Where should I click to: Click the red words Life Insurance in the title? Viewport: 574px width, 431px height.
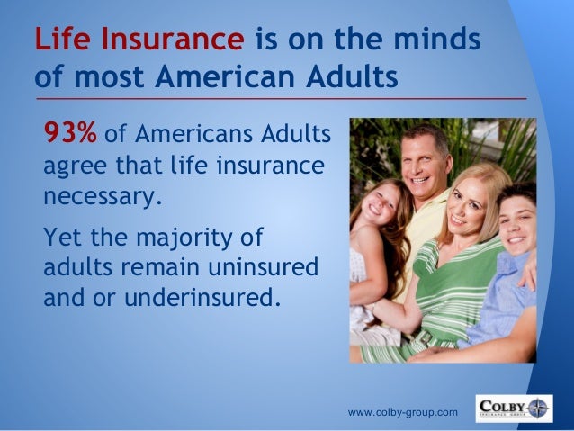139,40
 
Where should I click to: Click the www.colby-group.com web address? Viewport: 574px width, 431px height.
402,412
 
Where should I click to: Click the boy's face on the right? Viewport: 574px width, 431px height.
519,220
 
